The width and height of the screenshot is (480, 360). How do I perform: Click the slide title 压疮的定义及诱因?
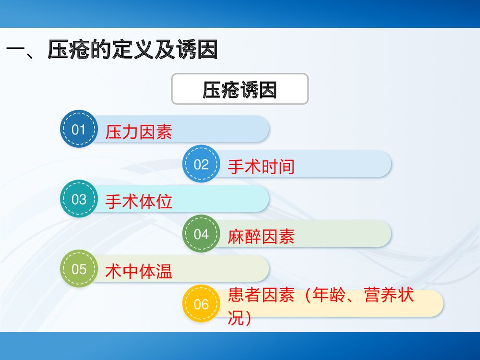(x=132, y=50)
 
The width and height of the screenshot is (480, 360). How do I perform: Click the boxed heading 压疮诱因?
(x=240, y=89)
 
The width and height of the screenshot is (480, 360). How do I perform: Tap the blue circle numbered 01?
(x=78, y=129)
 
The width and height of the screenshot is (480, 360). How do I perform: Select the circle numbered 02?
(x=201, y=164)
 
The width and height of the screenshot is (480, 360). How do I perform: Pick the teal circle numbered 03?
(x=78, y=199)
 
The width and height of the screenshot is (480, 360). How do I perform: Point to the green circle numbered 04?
(x=201, y=234)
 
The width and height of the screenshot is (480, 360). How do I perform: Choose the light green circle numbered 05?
(x=78, y=269)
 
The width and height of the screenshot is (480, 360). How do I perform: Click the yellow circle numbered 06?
(x=201, y=304)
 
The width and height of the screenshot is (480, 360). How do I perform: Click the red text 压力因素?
(x=139, y=132)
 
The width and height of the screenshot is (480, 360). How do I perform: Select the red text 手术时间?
(x=261, y=167)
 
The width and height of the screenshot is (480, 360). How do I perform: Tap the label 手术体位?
(x=139, y=202)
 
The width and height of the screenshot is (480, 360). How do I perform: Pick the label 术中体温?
(x=139, y=272)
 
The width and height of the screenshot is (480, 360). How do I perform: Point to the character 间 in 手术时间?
(x=286, y=167)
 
